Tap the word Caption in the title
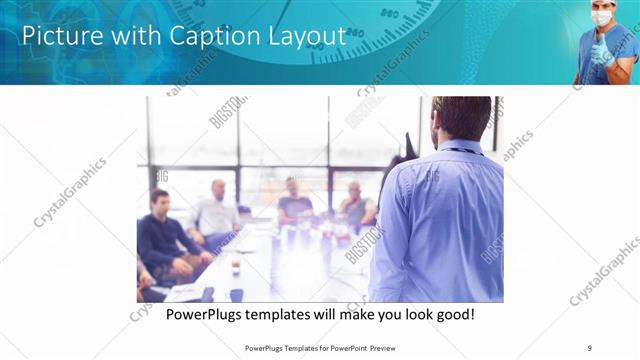tap(211, 36)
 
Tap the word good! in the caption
tap(452, 315)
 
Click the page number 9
tap(590, 348)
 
